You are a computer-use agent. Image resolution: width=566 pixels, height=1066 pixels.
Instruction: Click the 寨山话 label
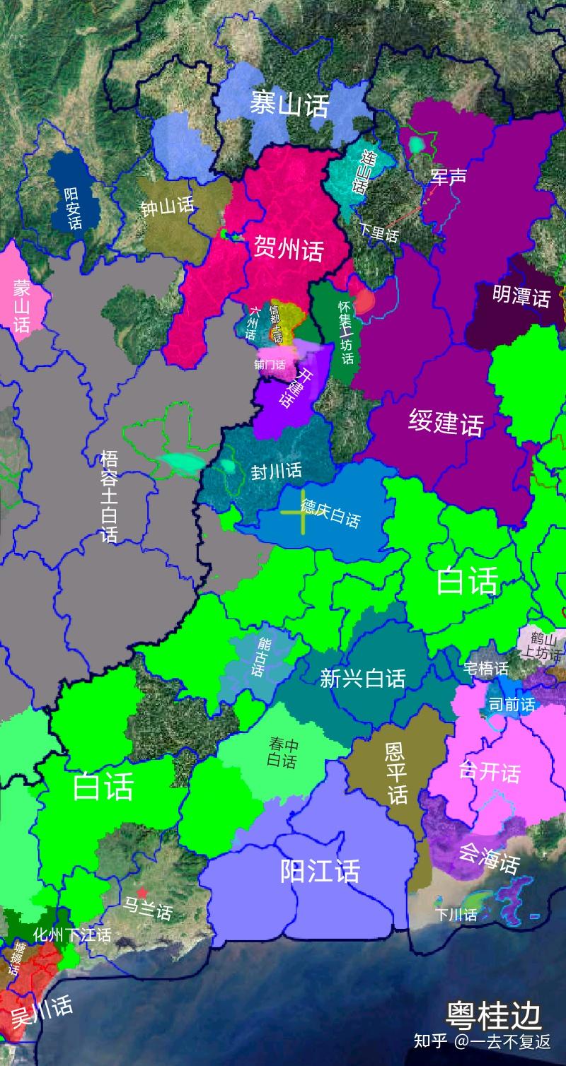pos(289,105)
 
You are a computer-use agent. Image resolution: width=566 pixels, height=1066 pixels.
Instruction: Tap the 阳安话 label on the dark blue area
pos(73,208)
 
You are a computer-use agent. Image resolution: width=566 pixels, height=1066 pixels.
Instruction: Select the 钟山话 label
pos(167,207)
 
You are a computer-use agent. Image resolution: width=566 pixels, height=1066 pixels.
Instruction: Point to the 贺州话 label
pos(288,249)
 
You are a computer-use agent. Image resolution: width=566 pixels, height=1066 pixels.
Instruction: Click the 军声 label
pos(449,176)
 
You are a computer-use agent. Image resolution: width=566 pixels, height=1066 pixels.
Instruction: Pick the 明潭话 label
pos(521,297)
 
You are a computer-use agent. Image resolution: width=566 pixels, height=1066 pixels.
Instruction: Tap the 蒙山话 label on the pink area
pos(21,305)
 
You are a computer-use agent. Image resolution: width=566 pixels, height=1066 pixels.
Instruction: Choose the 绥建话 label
pos(446,423)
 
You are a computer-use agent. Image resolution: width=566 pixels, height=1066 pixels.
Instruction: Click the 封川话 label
pos(277,471)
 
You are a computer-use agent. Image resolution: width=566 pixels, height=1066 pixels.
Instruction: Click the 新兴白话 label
pos(362,679)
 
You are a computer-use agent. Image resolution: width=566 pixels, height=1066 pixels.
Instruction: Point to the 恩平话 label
pos(396,773)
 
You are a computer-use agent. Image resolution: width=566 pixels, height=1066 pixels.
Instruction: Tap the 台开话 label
pos(489,771)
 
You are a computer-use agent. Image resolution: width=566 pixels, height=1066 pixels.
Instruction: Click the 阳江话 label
pos(320,871)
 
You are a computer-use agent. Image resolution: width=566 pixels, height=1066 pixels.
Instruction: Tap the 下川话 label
pos(456,915)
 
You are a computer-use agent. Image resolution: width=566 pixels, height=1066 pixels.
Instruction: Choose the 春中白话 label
pos(283,752)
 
